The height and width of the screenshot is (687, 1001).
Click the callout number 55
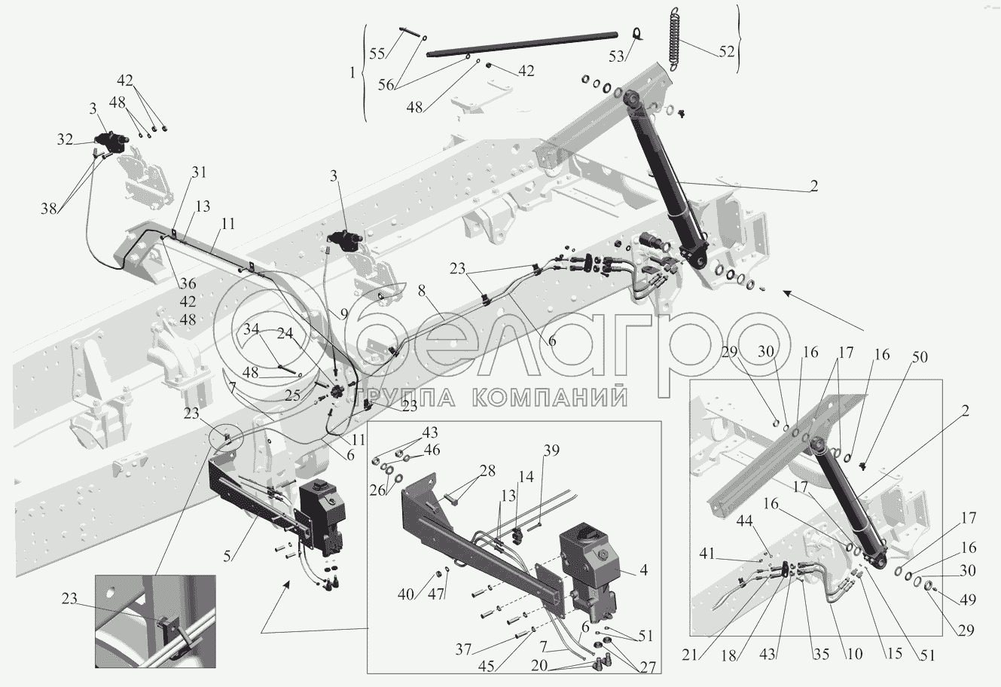point(377,53)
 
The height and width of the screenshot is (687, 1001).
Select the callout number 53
point(617,56)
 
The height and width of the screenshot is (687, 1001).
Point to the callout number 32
point(65,139)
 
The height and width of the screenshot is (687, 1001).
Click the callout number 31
point(200,172)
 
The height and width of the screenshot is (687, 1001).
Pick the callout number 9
point(343,314)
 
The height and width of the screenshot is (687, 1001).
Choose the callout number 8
point(422,291)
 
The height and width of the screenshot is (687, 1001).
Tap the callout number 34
point(252,329)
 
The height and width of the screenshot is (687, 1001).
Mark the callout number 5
point(227,556)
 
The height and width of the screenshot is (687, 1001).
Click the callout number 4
point(643,570)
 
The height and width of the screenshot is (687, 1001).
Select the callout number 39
point(551,450)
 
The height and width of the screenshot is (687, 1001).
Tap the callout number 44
point(744,521)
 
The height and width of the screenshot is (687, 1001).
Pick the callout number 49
point(968,600)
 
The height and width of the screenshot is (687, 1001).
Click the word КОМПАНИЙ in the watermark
point(549,396)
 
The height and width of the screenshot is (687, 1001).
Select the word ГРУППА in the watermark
point(405,396)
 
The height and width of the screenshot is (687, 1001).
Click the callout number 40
point(406,594)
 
